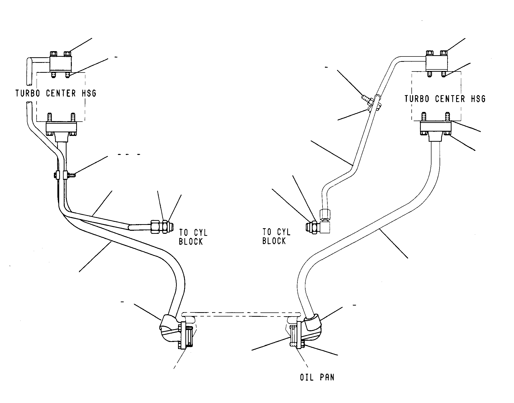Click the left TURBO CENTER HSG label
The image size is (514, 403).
point(56,93)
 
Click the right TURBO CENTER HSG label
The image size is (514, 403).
point(445,99)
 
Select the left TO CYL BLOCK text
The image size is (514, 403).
point(193,237)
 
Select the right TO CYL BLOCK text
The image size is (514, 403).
point(276,236)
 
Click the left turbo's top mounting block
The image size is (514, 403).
point(60,64)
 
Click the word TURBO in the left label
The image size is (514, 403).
point(28,93)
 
